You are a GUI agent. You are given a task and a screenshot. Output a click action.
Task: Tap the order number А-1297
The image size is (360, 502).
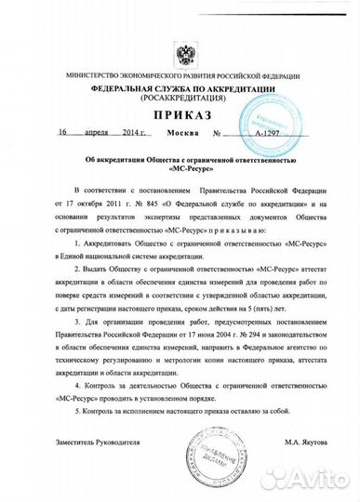pos(244,134)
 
